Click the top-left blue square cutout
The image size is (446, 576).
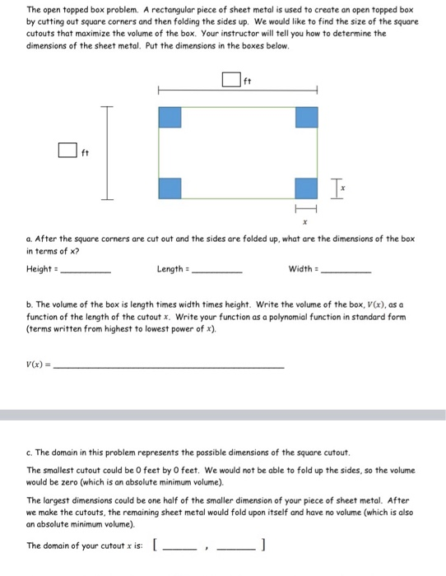(x=169, y=117)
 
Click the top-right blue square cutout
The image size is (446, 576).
(x=306, y=117)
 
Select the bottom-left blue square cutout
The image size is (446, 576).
(x=169, y=188)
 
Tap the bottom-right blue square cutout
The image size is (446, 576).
(x=306, y=188)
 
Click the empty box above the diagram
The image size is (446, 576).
(x=231, y=81)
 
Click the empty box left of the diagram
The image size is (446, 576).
(x=67, y=151)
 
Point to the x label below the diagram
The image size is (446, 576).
(x=304, y=223)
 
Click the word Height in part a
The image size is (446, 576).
(x=39, y=268)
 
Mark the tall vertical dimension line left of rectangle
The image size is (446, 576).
(x=105, y=152)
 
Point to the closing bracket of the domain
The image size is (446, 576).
(x=262, y=546)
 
